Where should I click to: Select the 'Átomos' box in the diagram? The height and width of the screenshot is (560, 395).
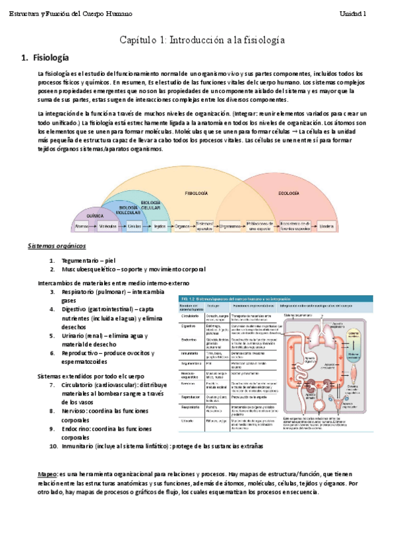pos(82,226)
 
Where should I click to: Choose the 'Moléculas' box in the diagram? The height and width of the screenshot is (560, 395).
pos(107,226)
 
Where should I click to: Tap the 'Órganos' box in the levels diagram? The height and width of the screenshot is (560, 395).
pos(182,226)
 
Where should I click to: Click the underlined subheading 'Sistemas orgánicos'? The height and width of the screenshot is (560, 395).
pos(57,246)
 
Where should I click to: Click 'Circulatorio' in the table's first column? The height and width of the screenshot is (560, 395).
pos(189,316)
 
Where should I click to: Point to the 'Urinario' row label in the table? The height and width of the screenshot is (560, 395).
pos(188,420)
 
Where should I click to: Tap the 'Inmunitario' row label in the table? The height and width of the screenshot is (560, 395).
pos(190,353)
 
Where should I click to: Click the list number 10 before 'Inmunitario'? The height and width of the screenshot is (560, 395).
pos(53,446)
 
